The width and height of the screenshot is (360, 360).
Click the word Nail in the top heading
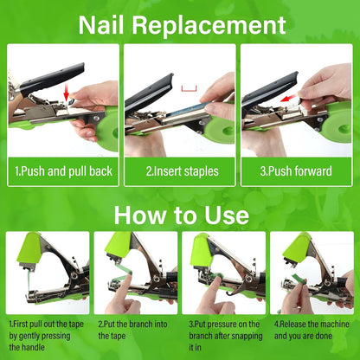[101, 25]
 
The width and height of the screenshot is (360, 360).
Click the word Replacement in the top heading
[209, 26]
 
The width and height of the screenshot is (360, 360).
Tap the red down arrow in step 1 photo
[67, 93]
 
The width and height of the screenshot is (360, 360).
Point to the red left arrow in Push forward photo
[288, 98]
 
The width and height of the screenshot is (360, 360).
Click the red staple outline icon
[189, 89]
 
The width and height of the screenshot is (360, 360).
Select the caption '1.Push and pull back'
[63, 171]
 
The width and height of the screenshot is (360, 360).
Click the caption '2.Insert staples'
[182, 171]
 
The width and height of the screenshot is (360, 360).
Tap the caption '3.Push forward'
[296, 171]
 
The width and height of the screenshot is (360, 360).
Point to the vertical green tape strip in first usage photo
[29, 282]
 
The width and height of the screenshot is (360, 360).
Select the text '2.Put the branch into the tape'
[132, 330]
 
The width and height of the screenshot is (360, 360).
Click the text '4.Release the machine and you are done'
[312, 330]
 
